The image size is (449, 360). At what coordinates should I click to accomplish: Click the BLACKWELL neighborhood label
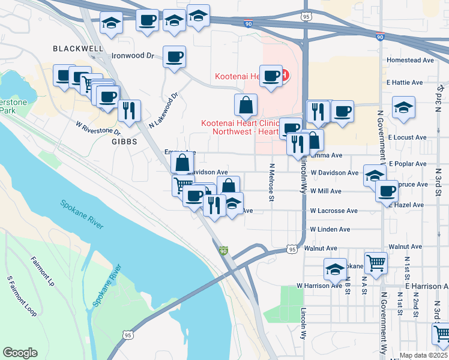point(77,49)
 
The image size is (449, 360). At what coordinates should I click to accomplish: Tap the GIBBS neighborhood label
point(123,142)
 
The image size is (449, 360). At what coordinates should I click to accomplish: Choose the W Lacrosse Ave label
point(334,211)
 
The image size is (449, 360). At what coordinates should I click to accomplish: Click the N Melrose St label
point(272,182)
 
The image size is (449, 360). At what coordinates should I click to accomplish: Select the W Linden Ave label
point(330,230)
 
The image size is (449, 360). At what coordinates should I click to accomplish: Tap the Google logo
point(20,353)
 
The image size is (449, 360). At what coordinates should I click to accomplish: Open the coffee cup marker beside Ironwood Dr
point(174,58)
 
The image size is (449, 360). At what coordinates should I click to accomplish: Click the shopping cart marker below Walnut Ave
point(376,262)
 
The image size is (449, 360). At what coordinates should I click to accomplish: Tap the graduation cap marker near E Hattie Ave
point(403,108)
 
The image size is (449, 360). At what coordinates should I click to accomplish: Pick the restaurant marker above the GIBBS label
point(128,110)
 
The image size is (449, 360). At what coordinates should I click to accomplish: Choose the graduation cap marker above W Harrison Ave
point(335,269)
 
